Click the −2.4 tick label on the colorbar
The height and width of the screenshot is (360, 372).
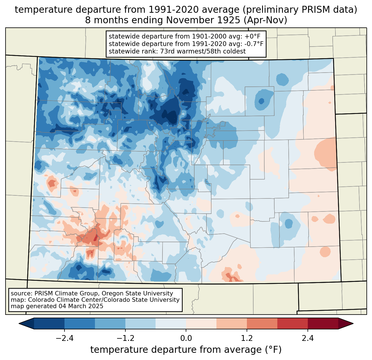click(x=64, y=338)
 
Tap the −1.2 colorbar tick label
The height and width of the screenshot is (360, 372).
click(x=125, y=338)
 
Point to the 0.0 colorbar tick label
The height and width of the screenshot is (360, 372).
click(x=186, y=338)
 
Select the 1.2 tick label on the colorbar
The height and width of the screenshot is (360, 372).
click(x=247, y=338)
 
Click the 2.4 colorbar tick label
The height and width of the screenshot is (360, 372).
click(x=308, y=338)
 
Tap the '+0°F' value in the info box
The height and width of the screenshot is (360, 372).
click(x=253, y=36)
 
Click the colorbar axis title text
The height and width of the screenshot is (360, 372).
click(x=186, y=350)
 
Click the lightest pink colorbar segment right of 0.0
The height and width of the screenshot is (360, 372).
click(x=201, y=323)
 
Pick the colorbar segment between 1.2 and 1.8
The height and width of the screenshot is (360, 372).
click(x=262, y=323)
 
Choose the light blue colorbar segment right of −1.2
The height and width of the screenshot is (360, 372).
click(x=140, y=323)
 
